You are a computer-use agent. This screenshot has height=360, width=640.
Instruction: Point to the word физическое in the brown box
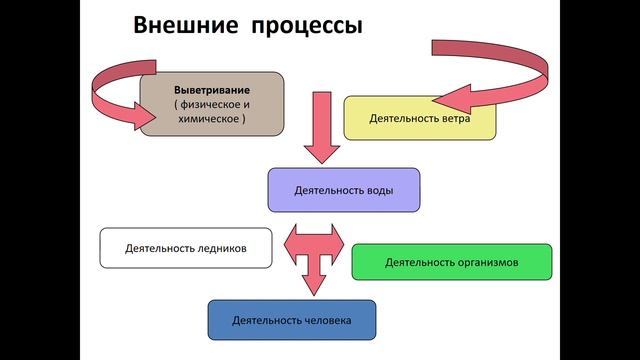[x=212, y=103]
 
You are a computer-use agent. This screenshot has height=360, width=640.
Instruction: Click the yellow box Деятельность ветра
[x=419, y=117]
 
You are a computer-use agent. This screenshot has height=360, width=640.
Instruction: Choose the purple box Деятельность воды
[x=343, y=189]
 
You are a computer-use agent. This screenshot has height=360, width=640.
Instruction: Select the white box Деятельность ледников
[x=185, y=247]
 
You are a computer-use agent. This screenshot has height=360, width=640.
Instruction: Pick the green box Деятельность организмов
[x=451, y=262]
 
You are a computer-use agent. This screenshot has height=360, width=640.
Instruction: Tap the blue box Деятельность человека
[x=293, y=320]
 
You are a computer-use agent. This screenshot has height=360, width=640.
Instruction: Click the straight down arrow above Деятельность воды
[x=323, y=125]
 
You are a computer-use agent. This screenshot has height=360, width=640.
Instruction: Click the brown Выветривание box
[x=211, y=103]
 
